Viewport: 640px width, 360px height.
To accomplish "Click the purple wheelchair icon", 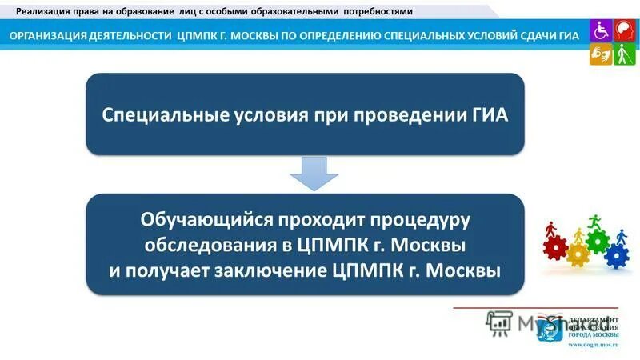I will click(x=600, y=30).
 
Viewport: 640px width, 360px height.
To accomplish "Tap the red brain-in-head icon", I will click(x=624, y=30).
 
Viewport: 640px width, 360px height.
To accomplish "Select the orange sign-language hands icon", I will click(x=600, y=54).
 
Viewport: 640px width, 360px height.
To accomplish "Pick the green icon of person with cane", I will click(x=624, y=54).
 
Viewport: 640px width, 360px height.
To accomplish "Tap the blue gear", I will click(x=616, y=256).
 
